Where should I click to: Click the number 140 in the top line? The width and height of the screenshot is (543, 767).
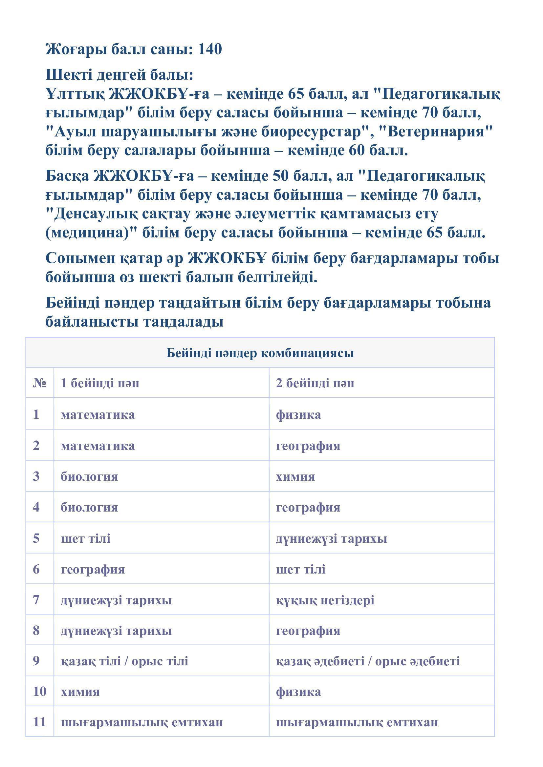[210, 50]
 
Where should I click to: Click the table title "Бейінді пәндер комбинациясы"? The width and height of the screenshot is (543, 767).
[260, 353]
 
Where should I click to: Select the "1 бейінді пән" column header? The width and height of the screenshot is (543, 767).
[100, 383]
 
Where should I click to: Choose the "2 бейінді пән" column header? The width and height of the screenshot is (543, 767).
[315, 383]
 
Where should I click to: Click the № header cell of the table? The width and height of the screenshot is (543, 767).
[39, 383]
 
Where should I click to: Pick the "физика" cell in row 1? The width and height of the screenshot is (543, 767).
[298, 414]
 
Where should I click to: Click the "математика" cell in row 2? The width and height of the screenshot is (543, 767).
[98, 446]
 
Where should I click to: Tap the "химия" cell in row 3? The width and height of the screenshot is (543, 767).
[295, 476]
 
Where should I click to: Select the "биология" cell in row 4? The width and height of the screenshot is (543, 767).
[89, 507]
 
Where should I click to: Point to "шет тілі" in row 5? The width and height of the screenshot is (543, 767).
[86, 538]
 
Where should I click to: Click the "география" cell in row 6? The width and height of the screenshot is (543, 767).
[93, 569]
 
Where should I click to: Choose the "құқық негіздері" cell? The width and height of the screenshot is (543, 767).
[325, 600]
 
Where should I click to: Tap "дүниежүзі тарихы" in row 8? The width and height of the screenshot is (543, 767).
[116, 631]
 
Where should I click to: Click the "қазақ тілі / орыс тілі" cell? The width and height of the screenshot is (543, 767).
[124, 661]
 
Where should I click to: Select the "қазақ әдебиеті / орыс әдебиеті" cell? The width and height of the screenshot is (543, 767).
[368, 661]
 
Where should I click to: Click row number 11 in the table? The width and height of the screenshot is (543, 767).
[39, 722]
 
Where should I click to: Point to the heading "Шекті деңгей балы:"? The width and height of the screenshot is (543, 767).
[119, 75]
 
